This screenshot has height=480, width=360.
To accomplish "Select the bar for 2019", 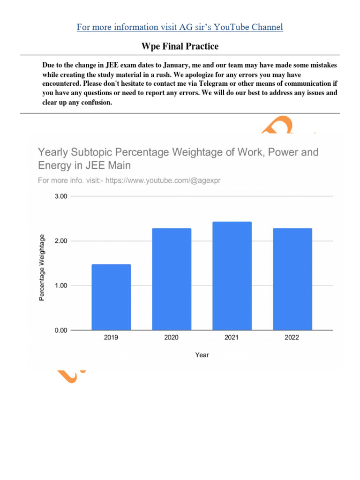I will click(x=111, y=297).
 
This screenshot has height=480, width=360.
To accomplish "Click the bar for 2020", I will click(x=172, y=279).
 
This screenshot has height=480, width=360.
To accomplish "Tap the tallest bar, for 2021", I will click(x=232, y=276).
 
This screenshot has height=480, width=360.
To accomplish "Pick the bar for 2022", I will click(x=292, y=279).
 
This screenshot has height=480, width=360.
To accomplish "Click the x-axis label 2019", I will click(x=111, y=337).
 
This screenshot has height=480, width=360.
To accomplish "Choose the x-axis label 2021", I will click(x=232, y=337).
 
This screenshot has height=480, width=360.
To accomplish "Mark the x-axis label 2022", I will click(x=292, y=337).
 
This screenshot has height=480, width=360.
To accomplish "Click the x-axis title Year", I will click(x=202, y=355).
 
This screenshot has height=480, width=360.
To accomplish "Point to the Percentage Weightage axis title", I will click(x=42, y=268).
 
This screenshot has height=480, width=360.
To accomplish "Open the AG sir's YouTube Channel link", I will click(x=180, y=27).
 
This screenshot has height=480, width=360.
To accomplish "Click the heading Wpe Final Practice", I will click(x=180, y=46).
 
